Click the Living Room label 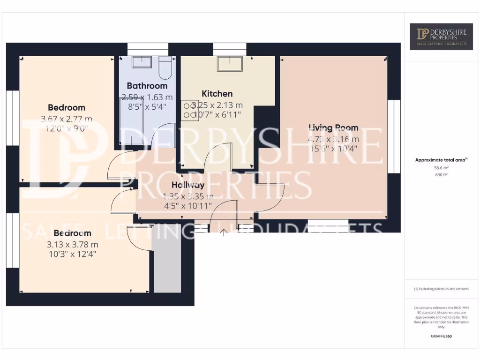pos(333,127)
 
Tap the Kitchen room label pos(217,93)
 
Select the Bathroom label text pos(147,86)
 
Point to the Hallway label pos(188,185)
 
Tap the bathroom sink pos(139,62)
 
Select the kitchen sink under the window pos(230,63)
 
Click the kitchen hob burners pos(189,110)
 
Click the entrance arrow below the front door pos(224,232)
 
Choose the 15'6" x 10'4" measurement pos(333,149)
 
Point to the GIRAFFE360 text pos(441,336)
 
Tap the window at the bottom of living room pos(328,223)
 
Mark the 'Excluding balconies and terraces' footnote pos(441,289)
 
